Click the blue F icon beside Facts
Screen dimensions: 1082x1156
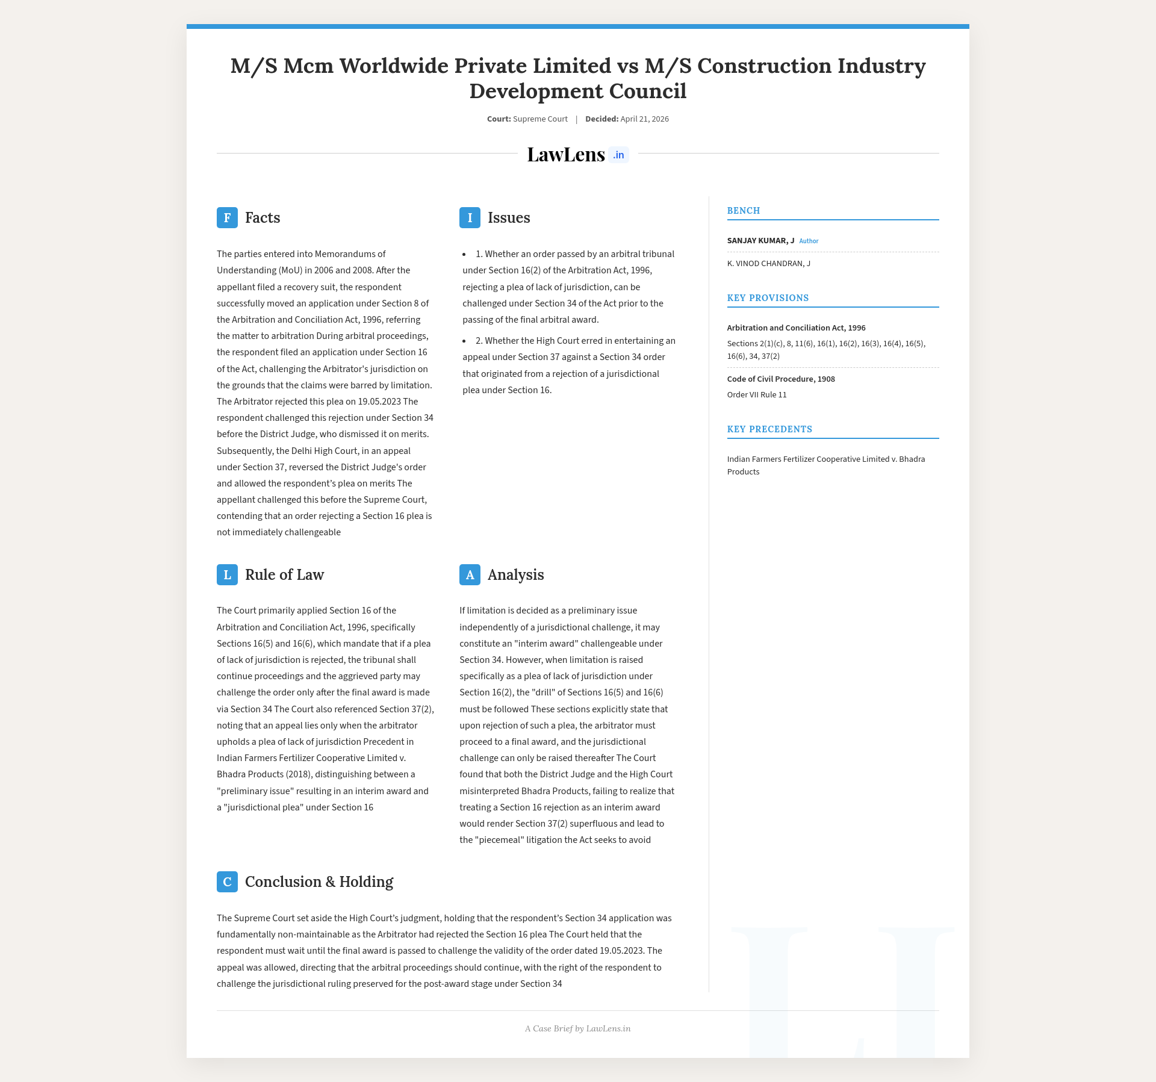click(227, 217)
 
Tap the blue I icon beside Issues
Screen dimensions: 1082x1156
click(470, 217)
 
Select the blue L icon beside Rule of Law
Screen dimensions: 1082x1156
click(227, 574)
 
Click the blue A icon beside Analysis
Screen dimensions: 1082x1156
click(470, 574)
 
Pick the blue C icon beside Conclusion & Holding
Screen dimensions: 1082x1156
click(227, 881)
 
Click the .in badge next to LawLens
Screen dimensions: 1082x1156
click(618, 155)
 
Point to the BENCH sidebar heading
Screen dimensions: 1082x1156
click(744, 211)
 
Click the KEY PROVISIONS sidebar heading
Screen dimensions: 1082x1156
click(768, 298)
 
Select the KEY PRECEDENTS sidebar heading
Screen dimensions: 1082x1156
click(769, 429)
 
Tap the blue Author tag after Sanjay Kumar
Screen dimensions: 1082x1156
click(809, 241)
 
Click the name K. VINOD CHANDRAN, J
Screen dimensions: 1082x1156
click(768, 263)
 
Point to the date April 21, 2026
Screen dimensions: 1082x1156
click(644, 119)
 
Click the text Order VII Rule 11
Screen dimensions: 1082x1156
click(757, 394)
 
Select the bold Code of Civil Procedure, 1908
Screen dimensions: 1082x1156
click(781, 379)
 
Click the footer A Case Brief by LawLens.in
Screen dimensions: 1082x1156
click(577, 1028)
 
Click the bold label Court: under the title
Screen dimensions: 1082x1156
click(499, 119)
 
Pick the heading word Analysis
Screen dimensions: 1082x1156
click(515, 574)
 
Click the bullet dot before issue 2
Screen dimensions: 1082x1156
click(464, 341)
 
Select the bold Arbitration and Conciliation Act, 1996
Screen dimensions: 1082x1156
click(796, 328)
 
